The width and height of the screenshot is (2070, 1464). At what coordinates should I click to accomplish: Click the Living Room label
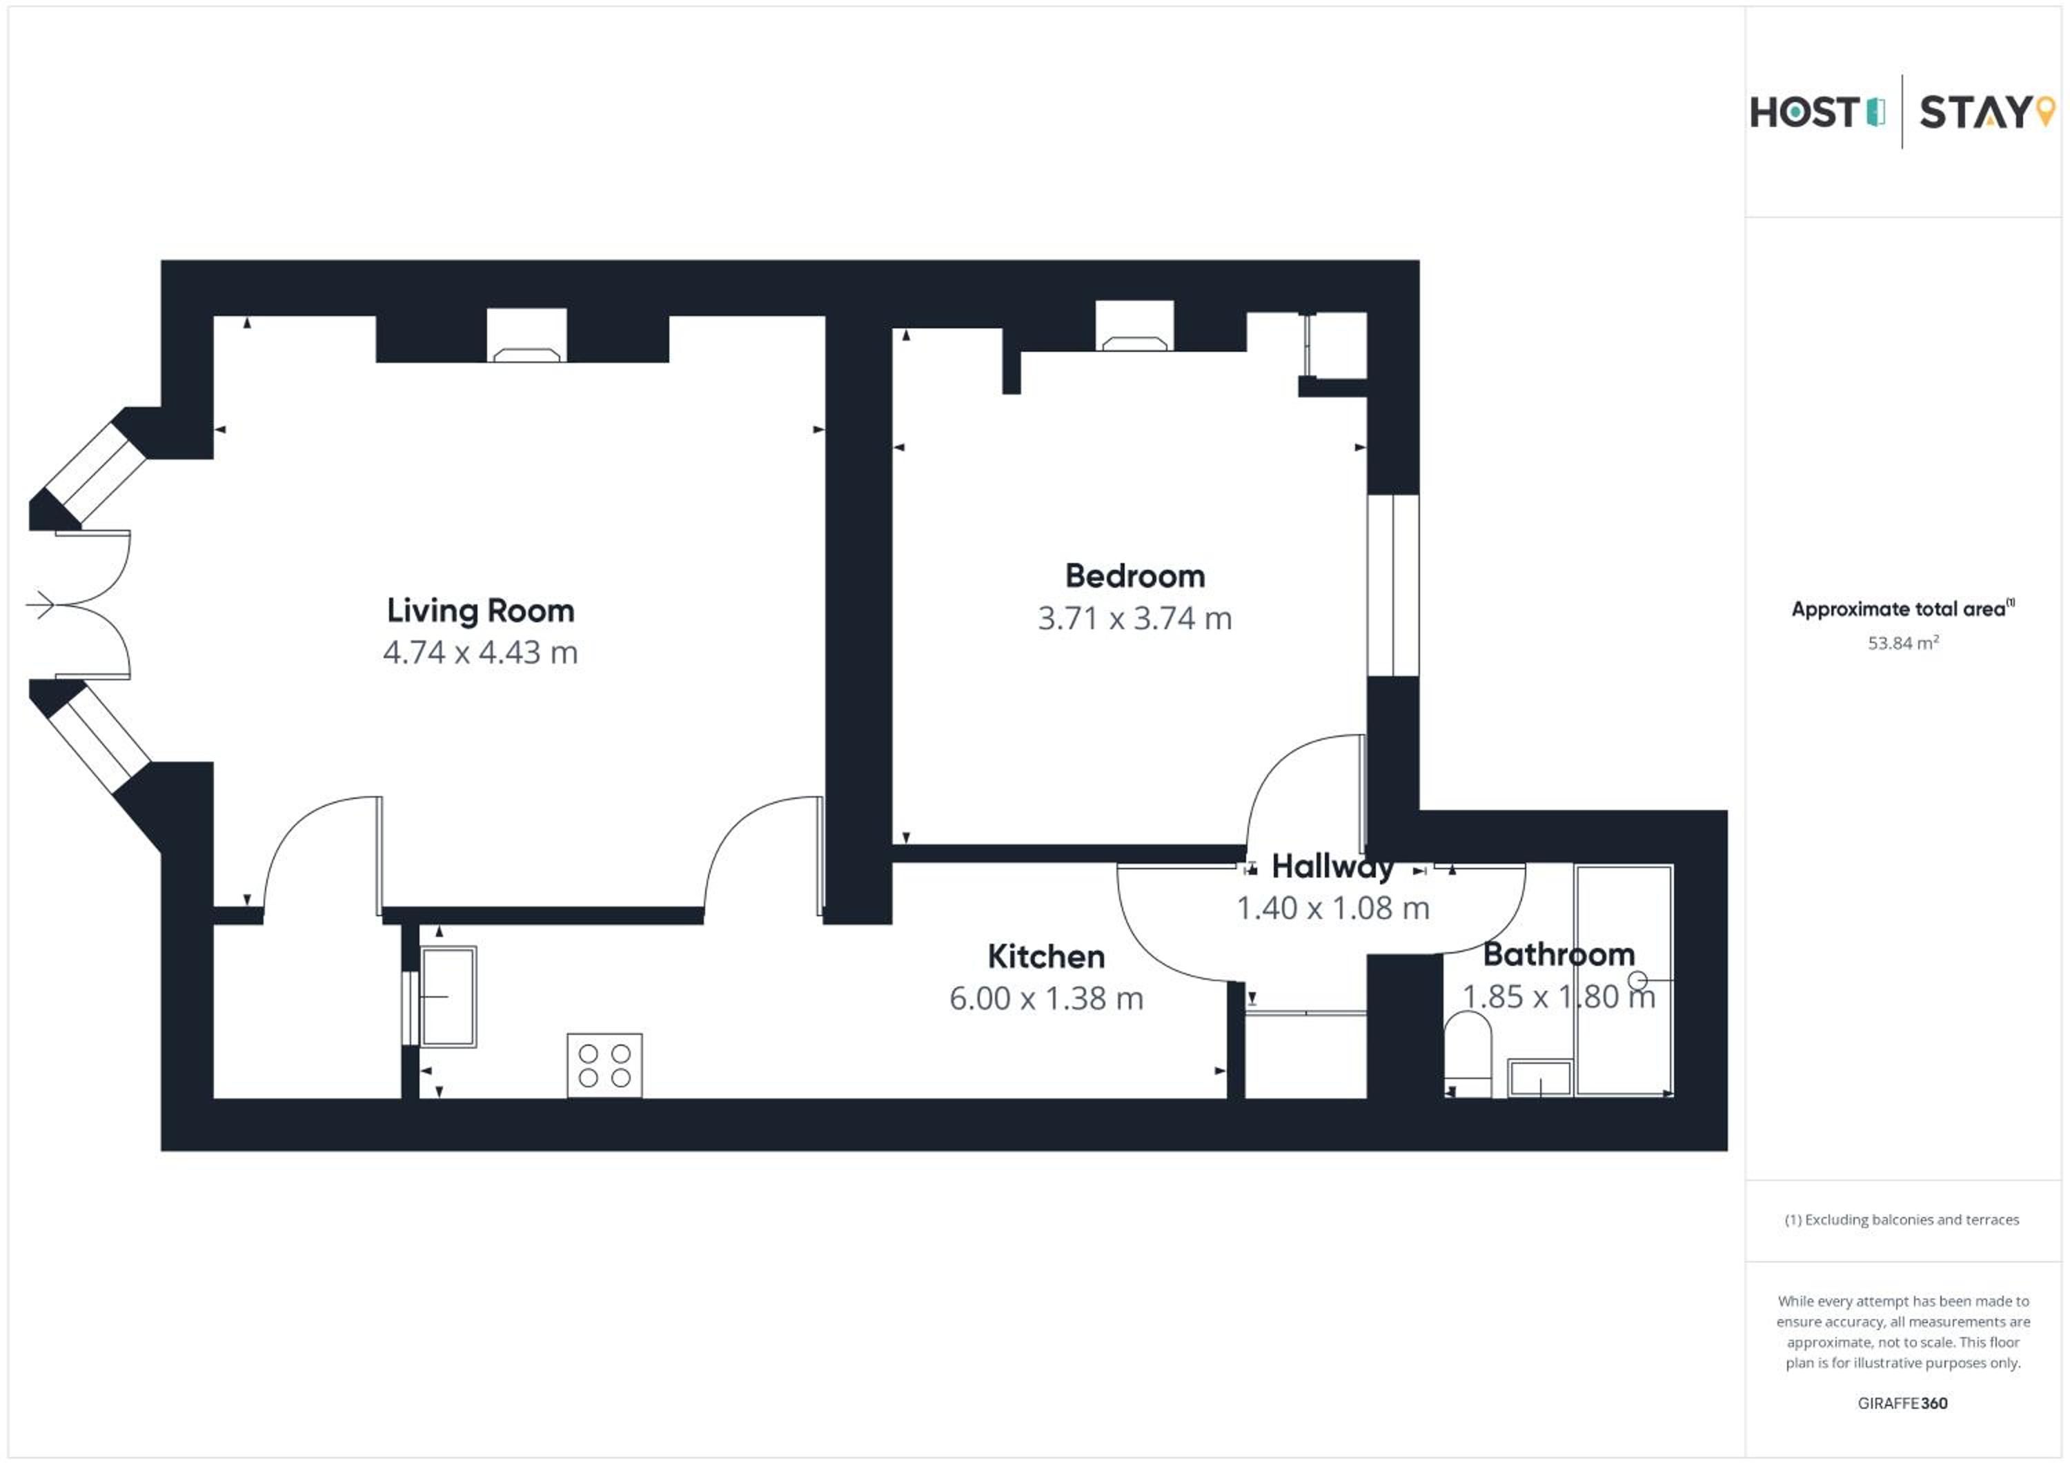click(x=480, y=611)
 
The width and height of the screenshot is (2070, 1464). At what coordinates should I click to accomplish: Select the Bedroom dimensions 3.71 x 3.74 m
click(x=1134, y=618)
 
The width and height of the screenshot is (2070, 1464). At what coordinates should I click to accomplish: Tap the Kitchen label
click(x=1046, y=956)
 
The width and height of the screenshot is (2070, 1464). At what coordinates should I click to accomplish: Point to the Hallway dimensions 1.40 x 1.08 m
click(x=1332, y=908)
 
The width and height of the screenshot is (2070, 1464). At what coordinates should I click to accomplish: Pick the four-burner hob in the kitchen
click(x=604, y=1065)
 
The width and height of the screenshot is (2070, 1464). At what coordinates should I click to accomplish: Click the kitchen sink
click(x=448, y=996)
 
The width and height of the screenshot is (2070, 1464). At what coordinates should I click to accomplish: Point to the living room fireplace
click(x=526, y=335)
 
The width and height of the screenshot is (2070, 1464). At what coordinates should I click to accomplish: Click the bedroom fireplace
click(x=1134, y=326)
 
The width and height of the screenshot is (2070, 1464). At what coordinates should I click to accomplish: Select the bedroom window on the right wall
click(x=1393, y=585)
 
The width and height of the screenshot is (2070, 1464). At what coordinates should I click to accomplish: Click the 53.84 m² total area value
click(x=1903, y=643)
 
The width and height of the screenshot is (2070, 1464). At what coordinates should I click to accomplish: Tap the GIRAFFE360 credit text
click(x=1902, y=1403)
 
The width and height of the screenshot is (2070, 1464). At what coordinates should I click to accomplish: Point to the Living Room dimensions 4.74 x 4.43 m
click(x=480, y=652)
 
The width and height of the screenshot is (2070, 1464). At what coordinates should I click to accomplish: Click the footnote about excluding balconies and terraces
click(x=1902, y=1220)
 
